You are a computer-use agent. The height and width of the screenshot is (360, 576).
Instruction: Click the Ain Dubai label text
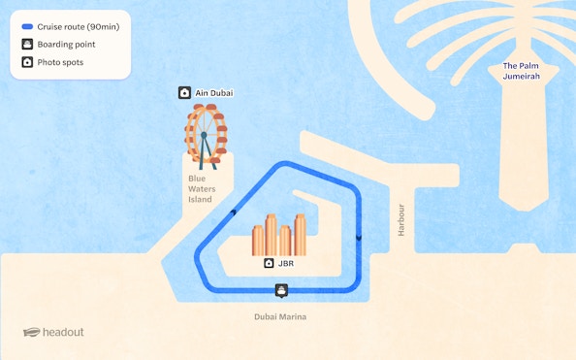pos(214,93)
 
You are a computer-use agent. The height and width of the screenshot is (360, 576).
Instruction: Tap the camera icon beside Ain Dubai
pos(184,93)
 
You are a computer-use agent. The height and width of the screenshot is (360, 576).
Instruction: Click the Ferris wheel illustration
pos(207,134)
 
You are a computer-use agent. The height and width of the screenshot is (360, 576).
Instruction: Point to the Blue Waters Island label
pos(199,189)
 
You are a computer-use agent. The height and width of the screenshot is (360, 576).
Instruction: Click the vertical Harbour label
pos(400,220)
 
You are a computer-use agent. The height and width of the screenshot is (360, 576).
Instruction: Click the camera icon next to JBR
pos(269,263)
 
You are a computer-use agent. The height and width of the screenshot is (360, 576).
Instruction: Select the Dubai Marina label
pos(279,316)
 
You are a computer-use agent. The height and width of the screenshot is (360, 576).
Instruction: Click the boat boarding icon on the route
pos(281,289)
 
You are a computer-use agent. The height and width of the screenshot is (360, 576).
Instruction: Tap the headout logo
pos(53,332)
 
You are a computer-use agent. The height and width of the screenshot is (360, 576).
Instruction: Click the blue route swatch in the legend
pos(27,27)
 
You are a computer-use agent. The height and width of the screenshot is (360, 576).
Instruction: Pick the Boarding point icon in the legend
pos(27,44)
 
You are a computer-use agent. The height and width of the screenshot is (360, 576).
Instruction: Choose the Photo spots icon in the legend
pos(27,62)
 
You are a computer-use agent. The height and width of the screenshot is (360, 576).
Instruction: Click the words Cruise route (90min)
pos(78,27)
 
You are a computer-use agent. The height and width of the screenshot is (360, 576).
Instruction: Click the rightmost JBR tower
pos(300,235)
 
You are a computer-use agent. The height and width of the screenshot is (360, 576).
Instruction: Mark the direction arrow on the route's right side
pos(358,237)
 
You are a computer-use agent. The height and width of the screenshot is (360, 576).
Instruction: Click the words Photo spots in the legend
pos(60,62)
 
